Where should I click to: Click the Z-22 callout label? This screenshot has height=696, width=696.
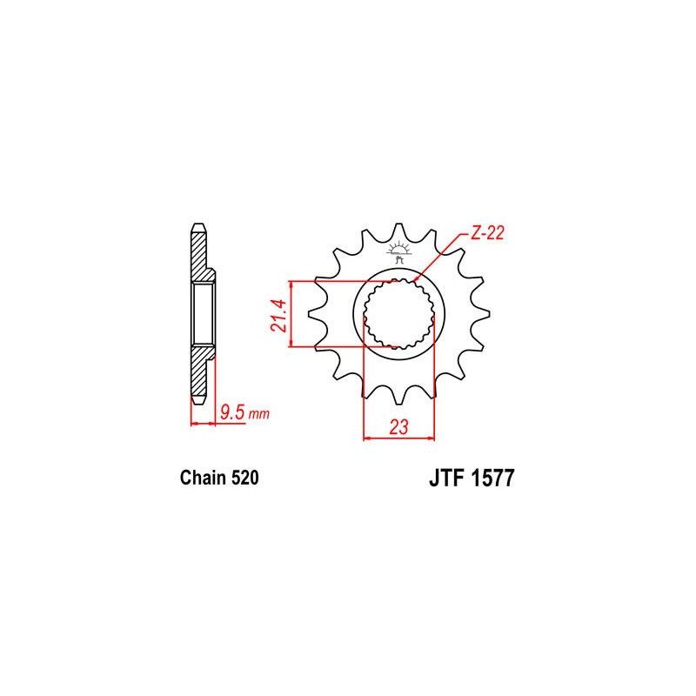click(x=487, y=233)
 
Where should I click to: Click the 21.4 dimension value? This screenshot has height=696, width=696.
click(x=279, y=316)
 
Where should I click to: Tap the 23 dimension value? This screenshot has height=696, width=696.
click(x=398, y=427)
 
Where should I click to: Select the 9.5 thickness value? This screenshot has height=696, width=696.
click(x=232, y=412)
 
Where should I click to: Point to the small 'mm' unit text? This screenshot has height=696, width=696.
click(x=258, y=415)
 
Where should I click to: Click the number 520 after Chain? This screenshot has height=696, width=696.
click(x=244, y=478)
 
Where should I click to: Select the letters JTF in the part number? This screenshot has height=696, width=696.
click(x=446, y=478)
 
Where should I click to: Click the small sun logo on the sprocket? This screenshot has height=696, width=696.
click(x=399, y=251)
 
